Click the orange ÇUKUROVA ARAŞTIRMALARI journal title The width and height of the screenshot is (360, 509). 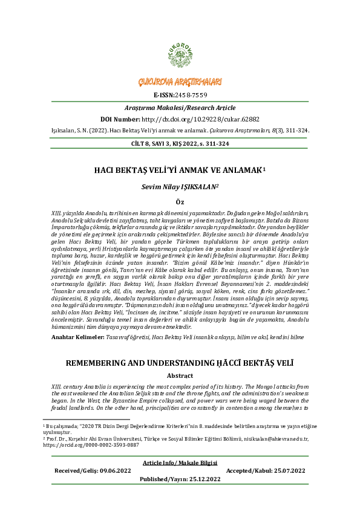coord(180,82)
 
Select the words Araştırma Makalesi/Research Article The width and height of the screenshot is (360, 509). coord(180,106)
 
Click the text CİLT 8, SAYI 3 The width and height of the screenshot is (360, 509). coord(146,144)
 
